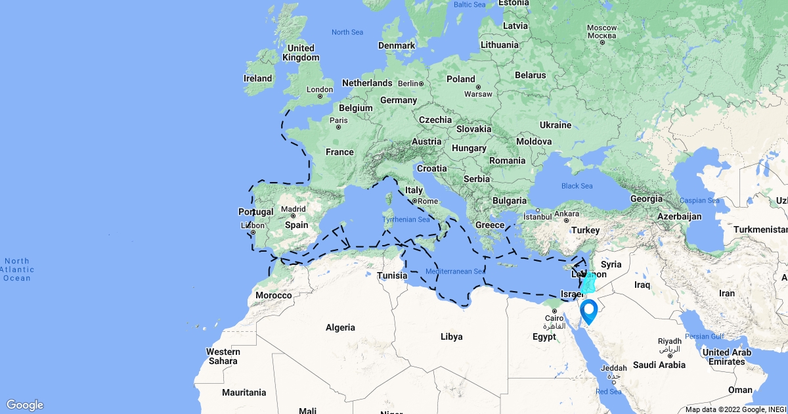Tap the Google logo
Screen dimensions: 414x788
coord(25,405)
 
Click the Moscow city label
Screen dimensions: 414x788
coord(602,28)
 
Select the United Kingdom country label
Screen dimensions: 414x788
coord(301,53)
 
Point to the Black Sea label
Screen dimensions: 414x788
coord(577,186)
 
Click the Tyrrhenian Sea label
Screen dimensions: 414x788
coord(406,219)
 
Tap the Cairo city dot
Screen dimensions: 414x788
coord(550,311)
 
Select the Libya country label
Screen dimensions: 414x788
coord(451,336)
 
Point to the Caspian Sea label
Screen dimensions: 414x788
coord(699,200)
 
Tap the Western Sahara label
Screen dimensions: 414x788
coord(223,356)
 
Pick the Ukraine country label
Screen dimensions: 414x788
coord(555,125)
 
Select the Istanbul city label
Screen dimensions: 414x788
coord(539,216)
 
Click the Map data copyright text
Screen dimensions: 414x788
coord(735,409)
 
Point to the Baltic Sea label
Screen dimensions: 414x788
coord(470,5)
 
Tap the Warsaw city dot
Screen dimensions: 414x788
coord(478,87)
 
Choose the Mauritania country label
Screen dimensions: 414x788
coord(244,392)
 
